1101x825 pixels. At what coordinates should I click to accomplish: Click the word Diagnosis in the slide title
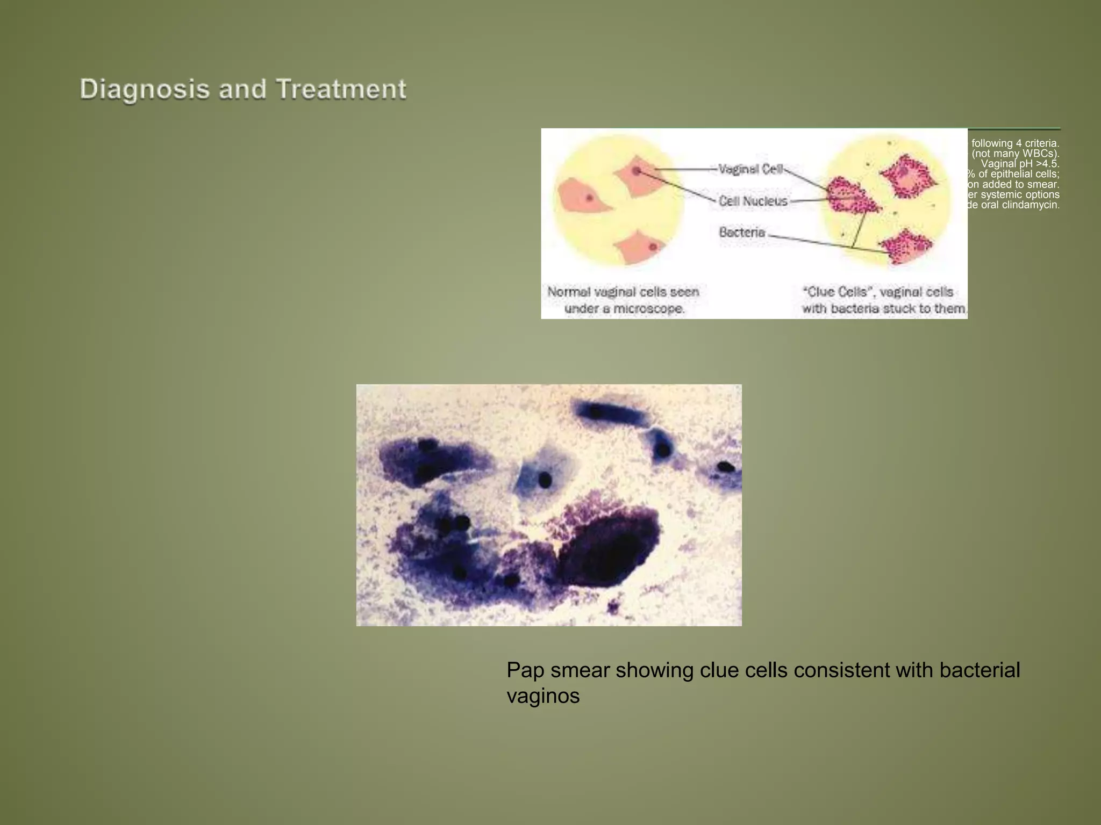(x=144, y=89)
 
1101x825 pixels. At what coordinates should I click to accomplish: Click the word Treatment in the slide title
(x=341, y=89)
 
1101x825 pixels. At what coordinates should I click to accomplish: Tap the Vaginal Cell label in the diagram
(x=750, y=169)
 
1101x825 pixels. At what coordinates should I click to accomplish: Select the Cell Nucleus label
(x=753, y=201)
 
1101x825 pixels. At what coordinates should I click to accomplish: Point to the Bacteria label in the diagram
(x=742, y=233)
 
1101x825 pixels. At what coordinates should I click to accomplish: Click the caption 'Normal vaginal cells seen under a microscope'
(x=623, y=300)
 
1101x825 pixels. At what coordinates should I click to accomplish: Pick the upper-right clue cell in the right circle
(x=907, y=176)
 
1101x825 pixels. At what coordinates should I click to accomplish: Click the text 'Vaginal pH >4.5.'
(x=1020, y=164)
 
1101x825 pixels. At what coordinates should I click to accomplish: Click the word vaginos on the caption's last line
(x=543, y=697)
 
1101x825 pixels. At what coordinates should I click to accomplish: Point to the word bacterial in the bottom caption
(x=980, y=671)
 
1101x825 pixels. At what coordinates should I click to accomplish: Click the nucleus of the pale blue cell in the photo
(x=545, y=480)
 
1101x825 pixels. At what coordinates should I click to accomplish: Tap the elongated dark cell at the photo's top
(x=610, y=413)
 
